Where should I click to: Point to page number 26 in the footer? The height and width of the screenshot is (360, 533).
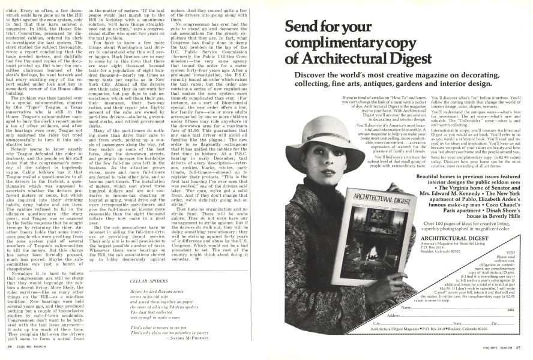[10, 346]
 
